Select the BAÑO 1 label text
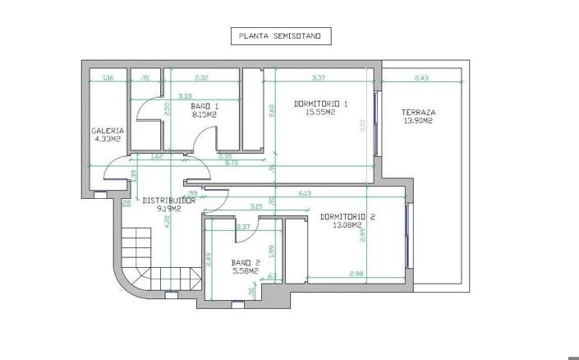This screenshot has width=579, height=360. click(204, 107)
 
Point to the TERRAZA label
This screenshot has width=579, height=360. click(418, 113)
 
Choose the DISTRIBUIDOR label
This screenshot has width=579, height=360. click(168, 200)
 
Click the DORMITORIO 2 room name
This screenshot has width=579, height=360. click(347, 217)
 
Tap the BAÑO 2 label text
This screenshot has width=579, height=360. click(245, 262)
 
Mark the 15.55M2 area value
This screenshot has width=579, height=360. click(321, 113)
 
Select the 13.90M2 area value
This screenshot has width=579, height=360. click(418, 122)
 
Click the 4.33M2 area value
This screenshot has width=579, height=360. click(107, 140)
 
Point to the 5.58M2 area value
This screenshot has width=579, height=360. click(245, 270)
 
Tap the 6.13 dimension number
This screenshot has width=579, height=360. click(305, 192)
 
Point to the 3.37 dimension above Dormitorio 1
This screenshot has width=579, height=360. click(319, 78)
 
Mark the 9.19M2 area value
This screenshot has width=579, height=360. click(168, 209)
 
